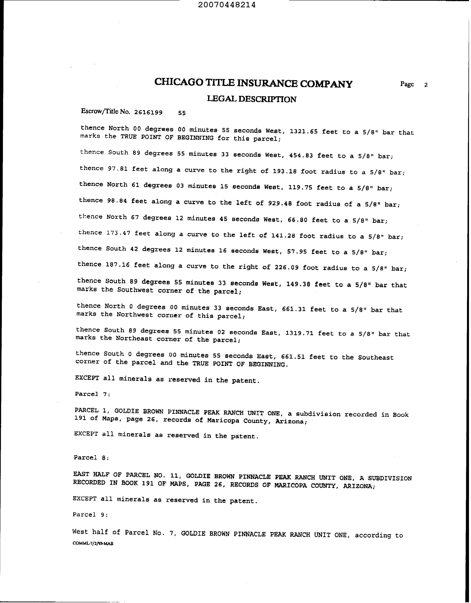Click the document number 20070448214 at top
(227, 5)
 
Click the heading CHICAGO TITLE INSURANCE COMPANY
(253, 83)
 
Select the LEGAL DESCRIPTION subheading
(252, 99)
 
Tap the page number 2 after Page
(426, 85)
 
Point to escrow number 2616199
(148, 112)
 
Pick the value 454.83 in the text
(301, 155)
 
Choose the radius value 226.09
(286, 267)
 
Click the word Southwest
(135, 290)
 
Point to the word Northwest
(134, 314)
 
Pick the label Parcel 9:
(90, 515)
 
